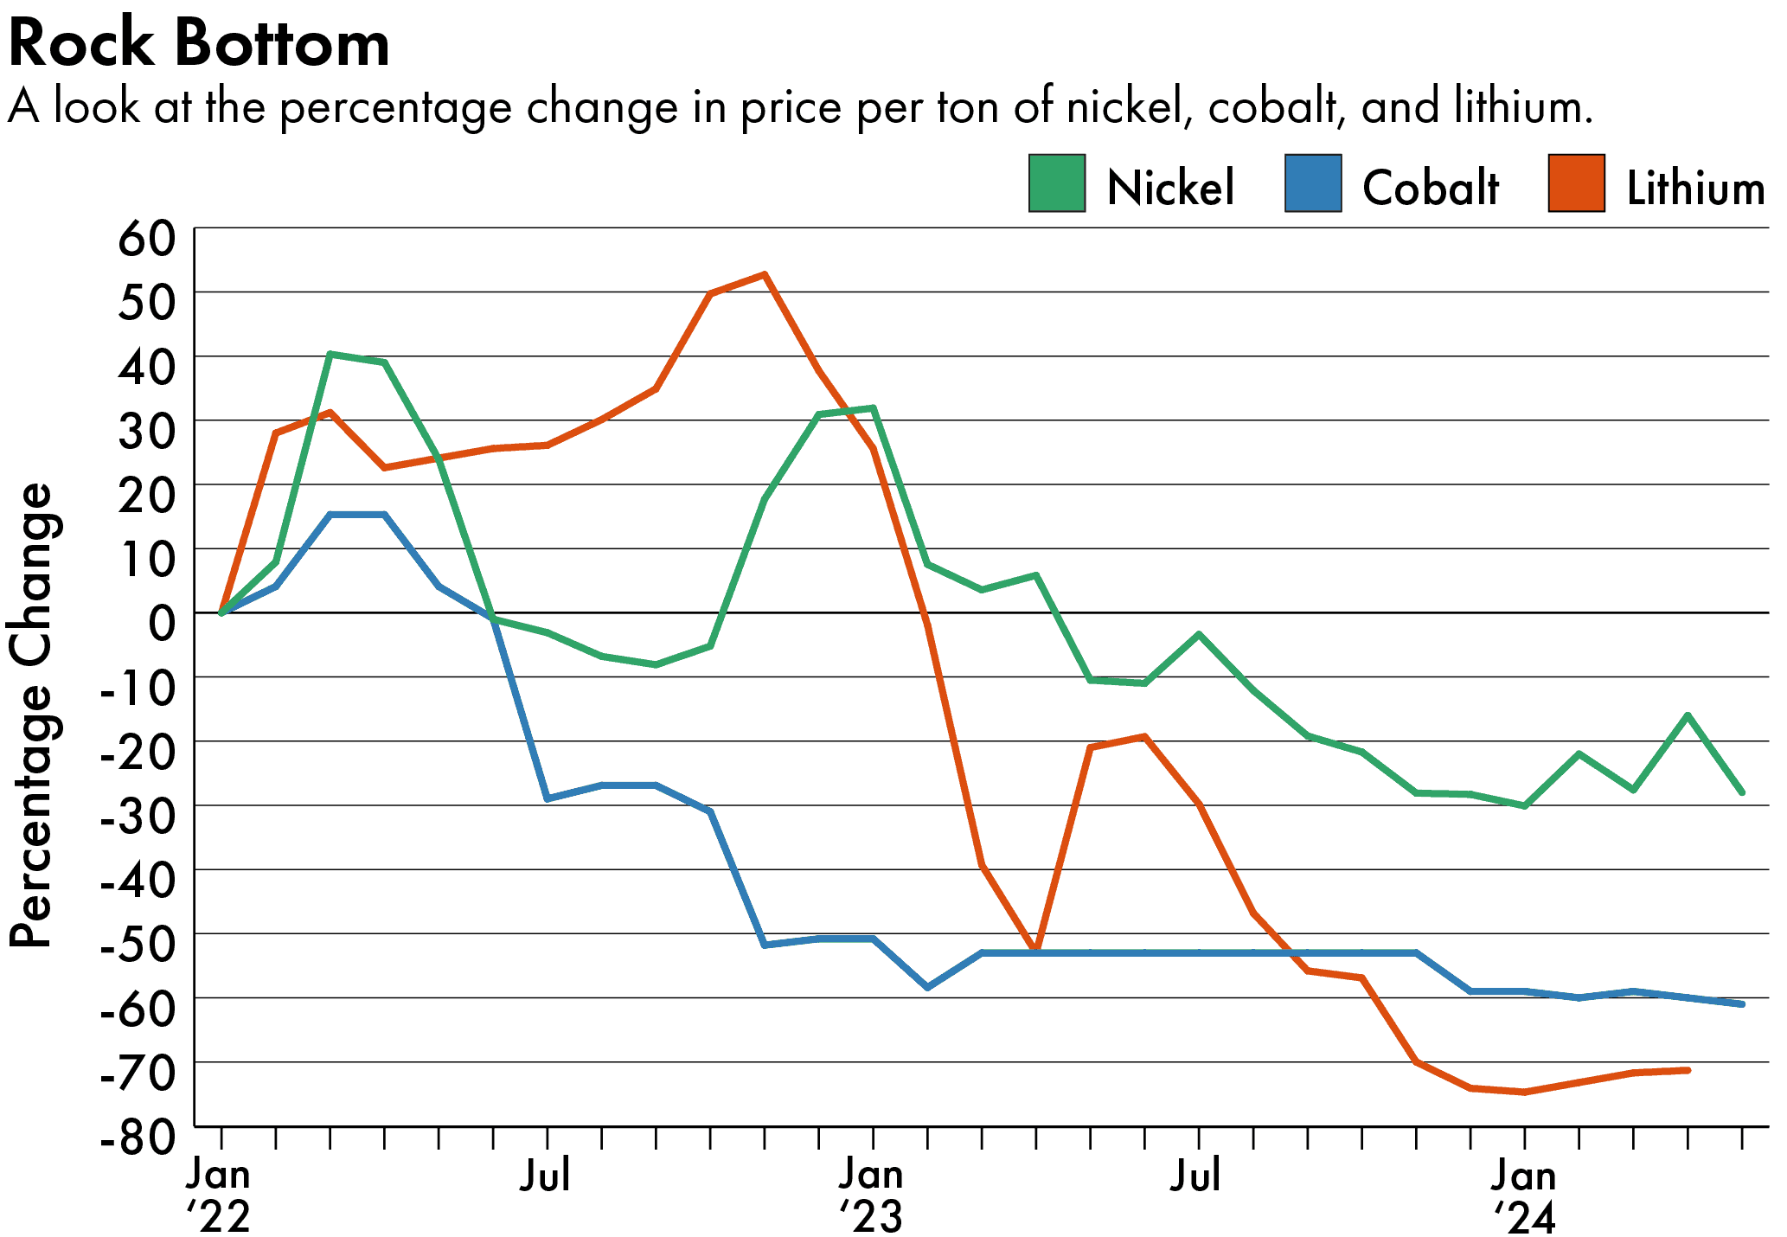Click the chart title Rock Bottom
(x=199, y=43)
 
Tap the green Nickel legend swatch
(x=1056, y=183)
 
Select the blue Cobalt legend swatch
(x=1312, y=183)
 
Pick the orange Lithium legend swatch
(x=1576, y=183)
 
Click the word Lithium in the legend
(x=1695, y=188)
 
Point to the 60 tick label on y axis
(x=146, y=239)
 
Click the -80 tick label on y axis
(x=138, y=1138)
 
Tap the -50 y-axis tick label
(x=138, y=945)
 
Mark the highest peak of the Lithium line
(x=765, y=275)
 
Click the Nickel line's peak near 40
(x=330, y=354)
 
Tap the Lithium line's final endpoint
(x=1688, y=1070)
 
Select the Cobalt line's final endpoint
(x=1742, y=1004)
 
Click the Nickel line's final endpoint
(x=1742, y=792)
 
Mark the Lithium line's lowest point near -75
(x=1524, y=1093)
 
